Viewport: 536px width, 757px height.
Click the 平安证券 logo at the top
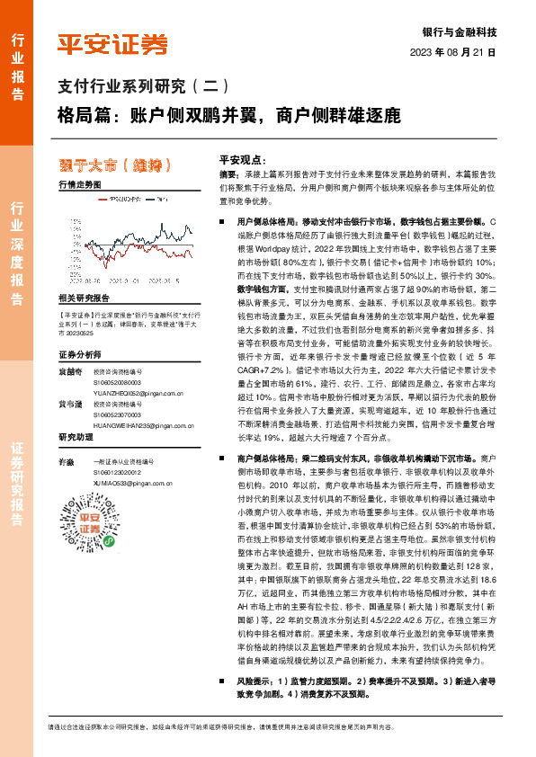point(112,42)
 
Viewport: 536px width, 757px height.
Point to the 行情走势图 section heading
point(80,183)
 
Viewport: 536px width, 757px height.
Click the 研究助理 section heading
point(76,438)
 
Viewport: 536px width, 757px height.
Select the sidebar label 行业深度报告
point(17,257)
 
